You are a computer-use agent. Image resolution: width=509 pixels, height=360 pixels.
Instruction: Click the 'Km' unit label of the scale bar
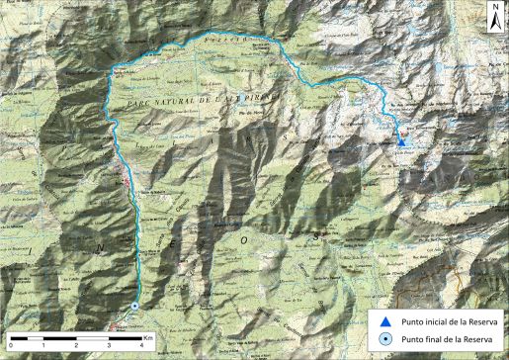(x=149, y=338)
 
